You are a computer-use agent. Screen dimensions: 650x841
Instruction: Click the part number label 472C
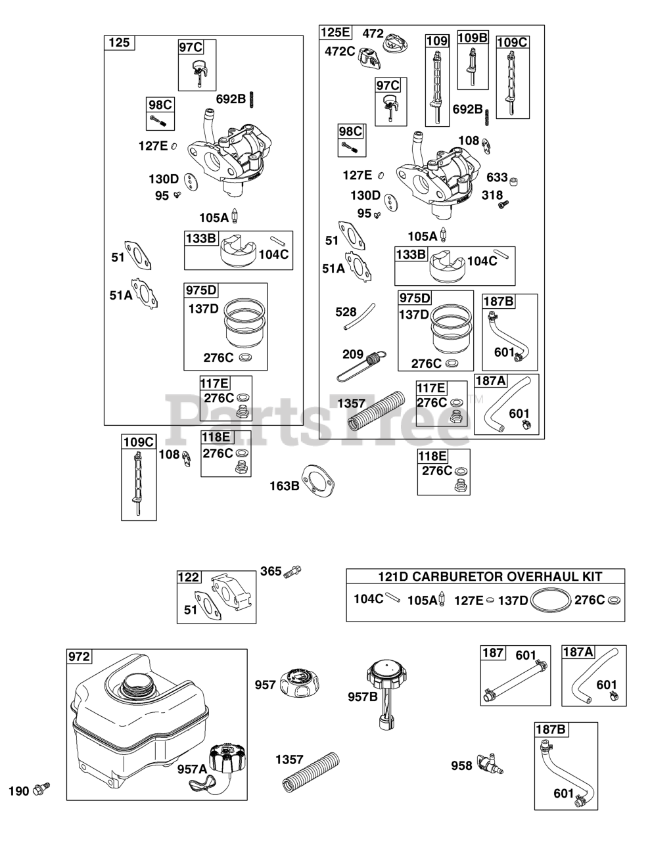pos(340,51)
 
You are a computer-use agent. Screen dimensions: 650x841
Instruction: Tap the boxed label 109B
pos(473,37)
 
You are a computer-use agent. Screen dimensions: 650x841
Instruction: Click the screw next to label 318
pos(503,204)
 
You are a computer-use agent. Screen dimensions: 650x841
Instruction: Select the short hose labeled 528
pos(360,316)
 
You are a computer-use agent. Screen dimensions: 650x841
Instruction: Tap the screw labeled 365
pos(292,571)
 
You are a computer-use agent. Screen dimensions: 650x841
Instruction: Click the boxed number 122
pos(189,577)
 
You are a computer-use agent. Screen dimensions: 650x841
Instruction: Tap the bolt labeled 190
pos(41,789)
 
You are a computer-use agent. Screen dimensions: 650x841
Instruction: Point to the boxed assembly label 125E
pos(335,32)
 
